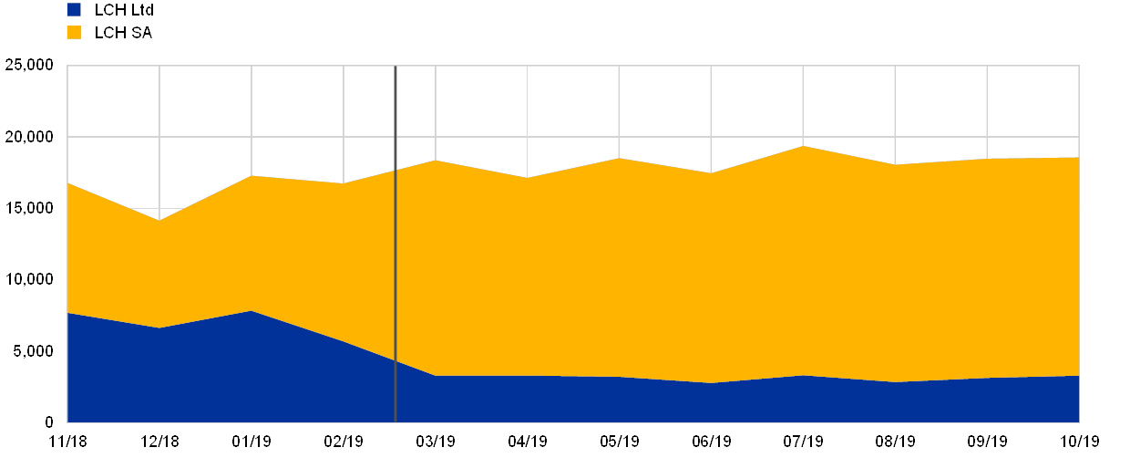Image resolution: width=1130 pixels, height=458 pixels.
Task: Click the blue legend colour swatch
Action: click(x=74, y=10)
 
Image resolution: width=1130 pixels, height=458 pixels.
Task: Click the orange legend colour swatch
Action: click(x=74, y=33)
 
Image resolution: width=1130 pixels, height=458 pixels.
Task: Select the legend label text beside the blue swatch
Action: click(x=128, y=10)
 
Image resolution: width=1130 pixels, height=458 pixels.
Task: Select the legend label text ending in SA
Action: click(x=128, y=33)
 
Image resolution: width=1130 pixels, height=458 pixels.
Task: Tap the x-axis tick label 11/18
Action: click(x=68, y=442)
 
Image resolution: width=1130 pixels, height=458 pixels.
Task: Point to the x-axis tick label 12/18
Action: click(x=159, y=442)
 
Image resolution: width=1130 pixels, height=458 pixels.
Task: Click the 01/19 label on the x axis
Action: click(x=252, y=442)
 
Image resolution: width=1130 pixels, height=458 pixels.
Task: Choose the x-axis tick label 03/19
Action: click(x=436, y=442)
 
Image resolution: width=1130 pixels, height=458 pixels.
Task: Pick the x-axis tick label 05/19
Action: click(x=620, y=442)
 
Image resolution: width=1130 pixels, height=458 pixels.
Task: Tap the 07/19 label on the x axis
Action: click(x=803, y=442)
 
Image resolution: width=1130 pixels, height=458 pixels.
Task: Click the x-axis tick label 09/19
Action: click(x=987, y=442)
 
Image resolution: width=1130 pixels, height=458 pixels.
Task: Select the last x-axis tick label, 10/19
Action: click(x=1079, y=442)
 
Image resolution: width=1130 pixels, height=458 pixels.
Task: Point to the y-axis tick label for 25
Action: click(x=30, y=66)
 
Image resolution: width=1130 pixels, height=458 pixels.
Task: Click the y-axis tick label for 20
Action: click(x=30, y=137)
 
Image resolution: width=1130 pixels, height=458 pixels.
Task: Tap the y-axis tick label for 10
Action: click(x=30, y=279)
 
